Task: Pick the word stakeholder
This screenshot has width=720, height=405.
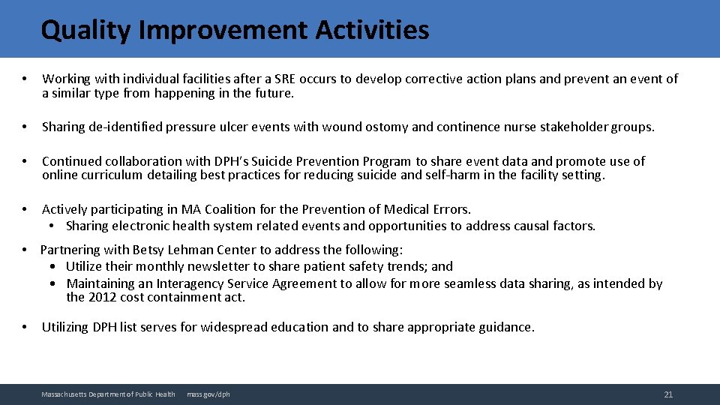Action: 577,127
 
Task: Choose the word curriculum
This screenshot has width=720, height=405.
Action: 112,175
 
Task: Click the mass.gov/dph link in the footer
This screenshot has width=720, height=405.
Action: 208,394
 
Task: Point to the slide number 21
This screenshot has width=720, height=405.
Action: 668,394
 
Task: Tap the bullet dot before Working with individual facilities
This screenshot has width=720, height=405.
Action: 25,79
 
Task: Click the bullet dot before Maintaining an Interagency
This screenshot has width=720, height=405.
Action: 54,283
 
